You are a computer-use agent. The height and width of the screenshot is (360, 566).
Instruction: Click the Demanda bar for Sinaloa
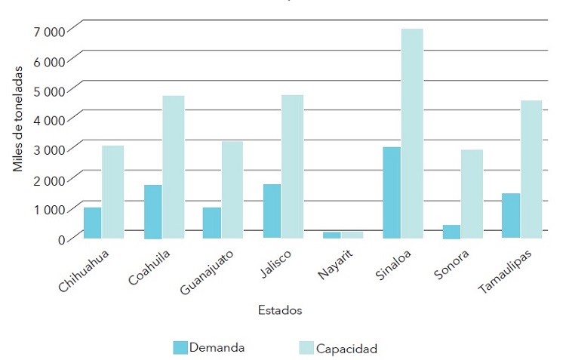(x=392, y=192)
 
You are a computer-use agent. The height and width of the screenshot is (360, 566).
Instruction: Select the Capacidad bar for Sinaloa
(x=412, y=134)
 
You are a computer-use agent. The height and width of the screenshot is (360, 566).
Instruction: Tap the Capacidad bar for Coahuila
(x=174, y=167)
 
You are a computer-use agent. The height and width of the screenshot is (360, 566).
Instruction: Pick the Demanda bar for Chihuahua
(x=92, y=223)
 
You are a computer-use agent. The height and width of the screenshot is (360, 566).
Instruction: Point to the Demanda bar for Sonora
(x=451, y=232)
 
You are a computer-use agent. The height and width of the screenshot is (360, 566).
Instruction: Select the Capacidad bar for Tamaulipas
(x=531, y=169)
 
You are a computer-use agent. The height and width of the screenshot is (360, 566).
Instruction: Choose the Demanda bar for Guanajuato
(x=211, y=223)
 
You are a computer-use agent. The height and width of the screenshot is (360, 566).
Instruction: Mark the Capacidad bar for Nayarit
(x=352, y=235)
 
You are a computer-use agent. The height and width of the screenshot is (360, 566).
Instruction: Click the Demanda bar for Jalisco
(x=272, y=211)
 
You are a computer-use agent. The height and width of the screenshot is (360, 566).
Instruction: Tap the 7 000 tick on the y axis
(x=50, y=31)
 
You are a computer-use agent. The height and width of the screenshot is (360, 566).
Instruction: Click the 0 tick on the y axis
(x=63, y=239)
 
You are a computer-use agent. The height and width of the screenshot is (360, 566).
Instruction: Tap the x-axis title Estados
(x=280, y=310)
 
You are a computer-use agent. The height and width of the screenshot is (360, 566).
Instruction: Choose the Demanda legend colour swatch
(x=180, y=347)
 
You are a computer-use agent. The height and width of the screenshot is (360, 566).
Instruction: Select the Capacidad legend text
(x=346, y=349)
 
